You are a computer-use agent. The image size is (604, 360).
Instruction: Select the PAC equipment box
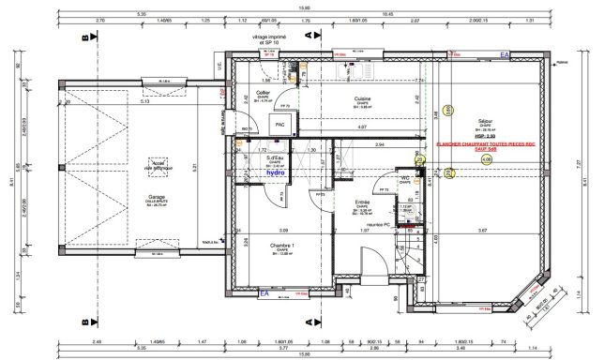click(x=279, y=124)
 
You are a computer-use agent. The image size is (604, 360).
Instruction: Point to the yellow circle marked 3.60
click(x=449, y=111)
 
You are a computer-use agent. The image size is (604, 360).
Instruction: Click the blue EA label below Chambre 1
click(x=264, y=292)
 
